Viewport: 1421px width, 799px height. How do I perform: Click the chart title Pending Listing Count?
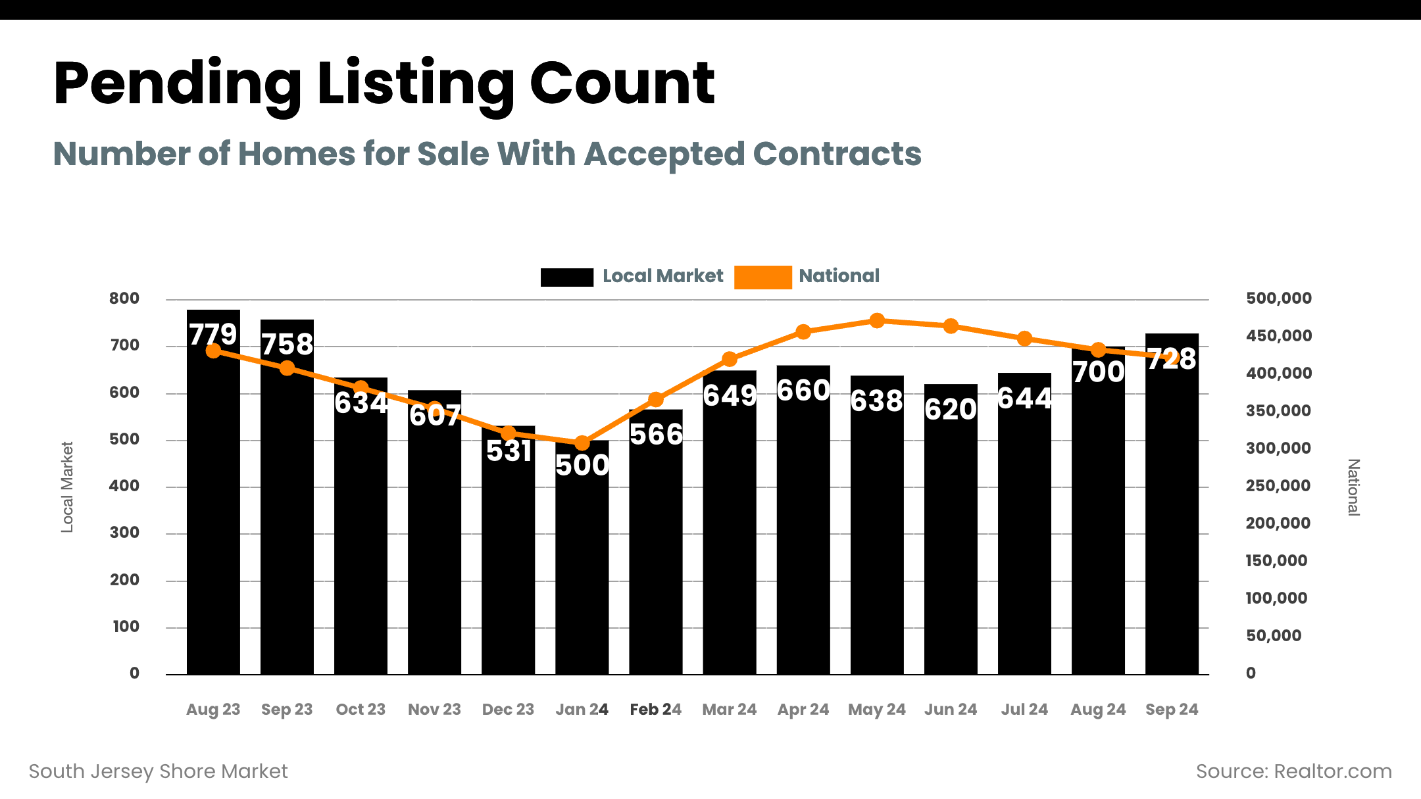click(x=384, y=84)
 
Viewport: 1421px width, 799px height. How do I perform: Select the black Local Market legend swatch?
click(x=566, y=277)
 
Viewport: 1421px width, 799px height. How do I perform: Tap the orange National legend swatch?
click(x=762, y=277)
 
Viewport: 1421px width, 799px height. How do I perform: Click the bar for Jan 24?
click(x=582, y=559)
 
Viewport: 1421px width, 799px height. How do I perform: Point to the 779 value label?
click(x=213, y=334)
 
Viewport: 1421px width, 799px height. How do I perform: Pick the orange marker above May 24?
click(x=877, y=321)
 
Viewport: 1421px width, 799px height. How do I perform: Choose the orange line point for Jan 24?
click(x=582, y=443)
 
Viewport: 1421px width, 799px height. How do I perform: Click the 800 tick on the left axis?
click(x=124, y=299)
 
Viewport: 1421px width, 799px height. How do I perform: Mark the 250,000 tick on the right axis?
click(x=1278, y=486)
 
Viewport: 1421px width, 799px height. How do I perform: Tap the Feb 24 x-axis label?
click(x=655, y=710)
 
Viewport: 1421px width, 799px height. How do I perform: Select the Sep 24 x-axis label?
click(x=1172, y=710)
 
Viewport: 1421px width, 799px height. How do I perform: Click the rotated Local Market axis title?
click(x=67, y=487)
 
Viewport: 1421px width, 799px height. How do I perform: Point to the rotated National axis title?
click(x=1353, y=487)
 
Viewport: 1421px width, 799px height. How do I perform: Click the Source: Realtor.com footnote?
click(x=1293, y=771)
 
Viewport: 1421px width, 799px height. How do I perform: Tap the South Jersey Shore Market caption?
click(x=159, y=771)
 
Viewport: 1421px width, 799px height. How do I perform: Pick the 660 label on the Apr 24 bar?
click(x=803, y=391)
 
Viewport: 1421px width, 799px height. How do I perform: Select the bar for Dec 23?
click(x=509, y=559)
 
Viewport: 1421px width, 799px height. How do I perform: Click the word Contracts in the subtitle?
click(x=837, y=154)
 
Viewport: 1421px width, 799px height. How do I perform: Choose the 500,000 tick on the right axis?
click(x=1278, y=299)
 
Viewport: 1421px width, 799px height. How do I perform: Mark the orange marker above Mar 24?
click(x=730, y=359)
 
